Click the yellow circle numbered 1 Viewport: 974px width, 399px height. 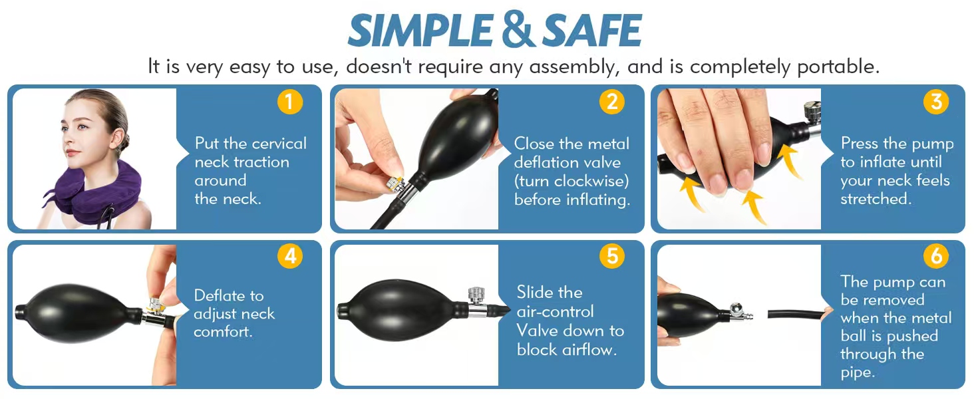[x=290, y=102]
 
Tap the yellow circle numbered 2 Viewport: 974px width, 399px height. [x=612, y=102]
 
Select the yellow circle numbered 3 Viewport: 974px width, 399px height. [x=936, y=102]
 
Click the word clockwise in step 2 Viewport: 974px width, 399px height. [x=592, y=181]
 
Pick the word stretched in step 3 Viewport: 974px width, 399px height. [x=876, y=199]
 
